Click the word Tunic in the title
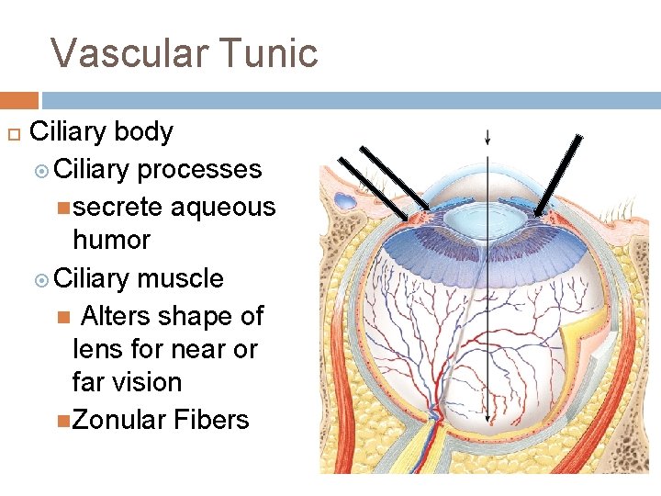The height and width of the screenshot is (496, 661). click(x=274, y=53)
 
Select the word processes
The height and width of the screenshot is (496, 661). click(x=199, y=170)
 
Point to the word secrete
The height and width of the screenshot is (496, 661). click(x=118, y=207)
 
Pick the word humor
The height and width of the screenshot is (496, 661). click(x=111, y=241)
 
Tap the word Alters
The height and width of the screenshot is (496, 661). click(x=116, y=316)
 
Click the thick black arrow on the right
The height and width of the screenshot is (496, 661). click(x=559, y=175)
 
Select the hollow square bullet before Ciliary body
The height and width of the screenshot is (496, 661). click(x=14, y=133)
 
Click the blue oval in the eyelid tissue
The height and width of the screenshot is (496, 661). click(x=347, y=200)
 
